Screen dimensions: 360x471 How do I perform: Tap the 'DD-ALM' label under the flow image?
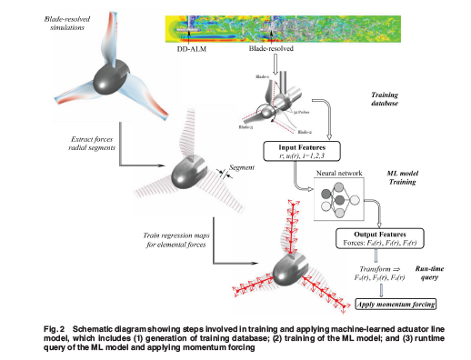tap(194, 49)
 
